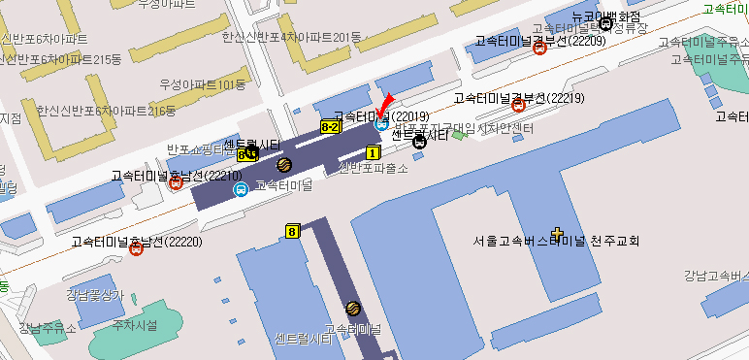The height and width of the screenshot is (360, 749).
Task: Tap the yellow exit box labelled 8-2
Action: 330,127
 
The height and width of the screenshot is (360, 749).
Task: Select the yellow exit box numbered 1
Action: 373,152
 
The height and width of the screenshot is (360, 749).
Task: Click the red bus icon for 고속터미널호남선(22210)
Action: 177,182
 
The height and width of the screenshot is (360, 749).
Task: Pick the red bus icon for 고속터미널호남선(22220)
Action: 137,248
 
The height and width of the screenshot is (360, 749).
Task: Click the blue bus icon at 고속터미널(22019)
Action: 381,123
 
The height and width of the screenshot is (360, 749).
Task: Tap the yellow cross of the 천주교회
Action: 557,233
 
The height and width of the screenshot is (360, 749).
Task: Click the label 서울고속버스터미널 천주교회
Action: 557,241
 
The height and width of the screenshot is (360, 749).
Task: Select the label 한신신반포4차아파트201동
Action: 291,37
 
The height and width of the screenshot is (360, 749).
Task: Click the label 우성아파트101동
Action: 204,84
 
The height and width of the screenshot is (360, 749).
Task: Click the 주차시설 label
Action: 135,324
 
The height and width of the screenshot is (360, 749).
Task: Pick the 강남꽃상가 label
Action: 95,294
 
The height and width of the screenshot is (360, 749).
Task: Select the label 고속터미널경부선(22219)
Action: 518,98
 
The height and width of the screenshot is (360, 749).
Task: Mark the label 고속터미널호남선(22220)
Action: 137,240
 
